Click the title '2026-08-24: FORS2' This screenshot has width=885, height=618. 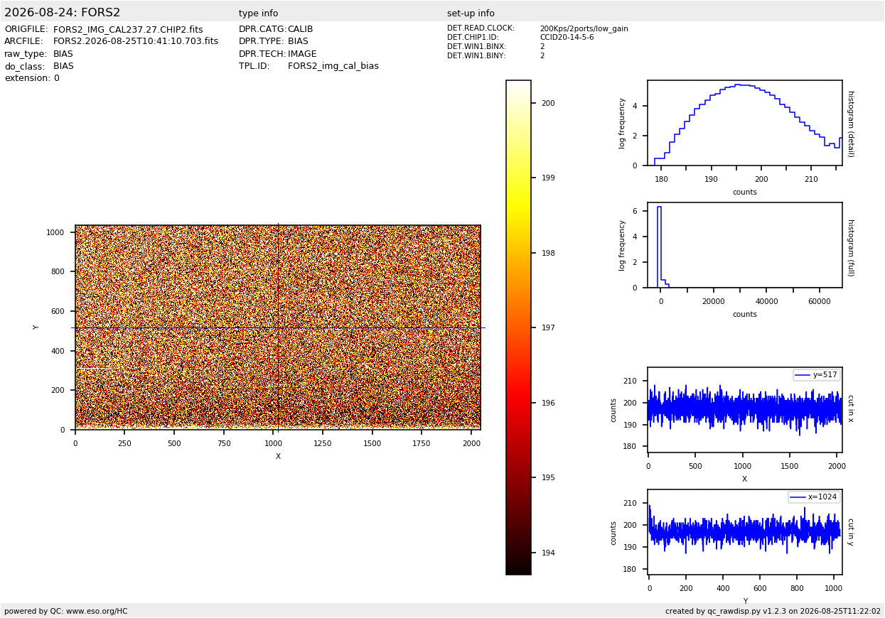tap(62, 13)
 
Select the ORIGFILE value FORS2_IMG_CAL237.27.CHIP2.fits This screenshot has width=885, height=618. tap(128, 30)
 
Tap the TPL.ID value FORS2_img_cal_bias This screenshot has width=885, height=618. tap(333, 66)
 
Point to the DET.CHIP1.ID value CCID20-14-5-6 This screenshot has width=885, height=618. tap(567, 37)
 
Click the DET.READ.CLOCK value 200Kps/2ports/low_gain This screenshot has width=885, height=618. tap(584, 28)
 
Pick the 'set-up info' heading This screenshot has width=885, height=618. tap(471, 13)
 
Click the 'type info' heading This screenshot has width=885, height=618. tap(258, 13)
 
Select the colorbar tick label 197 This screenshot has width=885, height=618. tap(548, 327)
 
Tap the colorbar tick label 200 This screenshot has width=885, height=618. tap(548, 103)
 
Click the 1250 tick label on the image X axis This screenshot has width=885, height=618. tap(323, 443)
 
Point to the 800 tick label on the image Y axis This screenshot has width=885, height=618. tap(58, 271)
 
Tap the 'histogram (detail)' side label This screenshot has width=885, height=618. tap(851, 124)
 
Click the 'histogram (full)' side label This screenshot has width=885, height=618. tap(851, 248)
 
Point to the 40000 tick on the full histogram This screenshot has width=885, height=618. tap(766, 301)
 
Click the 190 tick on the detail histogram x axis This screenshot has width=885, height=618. tap(711, 179)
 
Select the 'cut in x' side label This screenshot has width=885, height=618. tap(851, 408)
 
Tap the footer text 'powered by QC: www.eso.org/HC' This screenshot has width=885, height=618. tap(66, 612)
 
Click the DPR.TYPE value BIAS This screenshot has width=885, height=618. tap(298, 41)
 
